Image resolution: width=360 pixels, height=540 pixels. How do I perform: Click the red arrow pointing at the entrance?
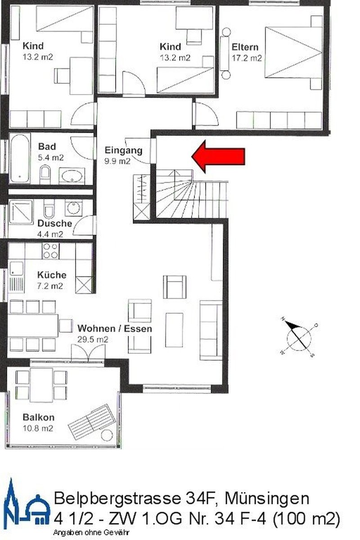(219, 156)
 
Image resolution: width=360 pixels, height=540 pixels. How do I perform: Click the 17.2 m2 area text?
(247, 58)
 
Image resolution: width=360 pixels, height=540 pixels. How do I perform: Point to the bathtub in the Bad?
(19, 157)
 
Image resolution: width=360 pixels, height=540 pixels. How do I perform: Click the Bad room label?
(47, 147)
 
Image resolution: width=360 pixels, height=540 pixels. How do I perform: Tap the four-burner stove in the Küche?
(50, 251)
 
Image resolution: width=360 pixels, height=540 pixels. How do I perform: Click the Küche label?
(52, 275)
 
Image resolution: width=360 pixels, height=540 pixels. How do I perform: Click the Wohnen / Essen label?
(115, 329)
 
